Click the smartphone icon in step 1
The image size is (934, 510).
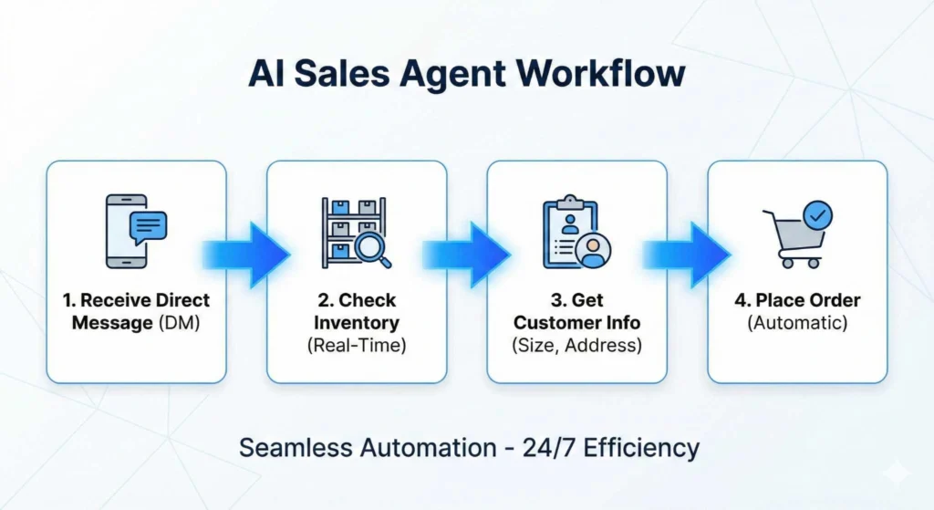(x=126, y=231)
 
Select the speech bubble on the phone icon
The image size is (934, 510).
(x=149, y=227)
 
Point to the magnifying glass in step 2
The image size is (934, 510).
(x=372, y=249)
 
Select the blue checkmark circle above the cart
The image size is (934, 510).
(x=818, y=215)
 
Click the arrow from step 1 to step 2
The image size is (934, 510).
(x=246, y=255)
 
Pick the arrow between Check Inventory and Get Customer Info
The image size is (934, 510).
(x=466, y=255)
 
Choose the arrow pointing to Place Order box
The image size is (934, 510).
(x=687, y=255)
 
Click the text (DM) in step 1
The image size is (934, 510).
(x=180, y=323)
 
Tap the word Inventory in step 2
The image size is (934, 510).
(x=357, y=323)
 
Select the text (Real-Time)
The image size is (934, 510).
(x=357, y=346)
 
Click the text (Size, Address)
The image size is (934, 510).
(x=577, y=346)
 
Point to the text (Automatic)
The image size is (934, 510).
(x=797, y=323)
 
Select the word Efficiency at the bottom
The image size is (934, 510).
(x=641, y=448)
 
